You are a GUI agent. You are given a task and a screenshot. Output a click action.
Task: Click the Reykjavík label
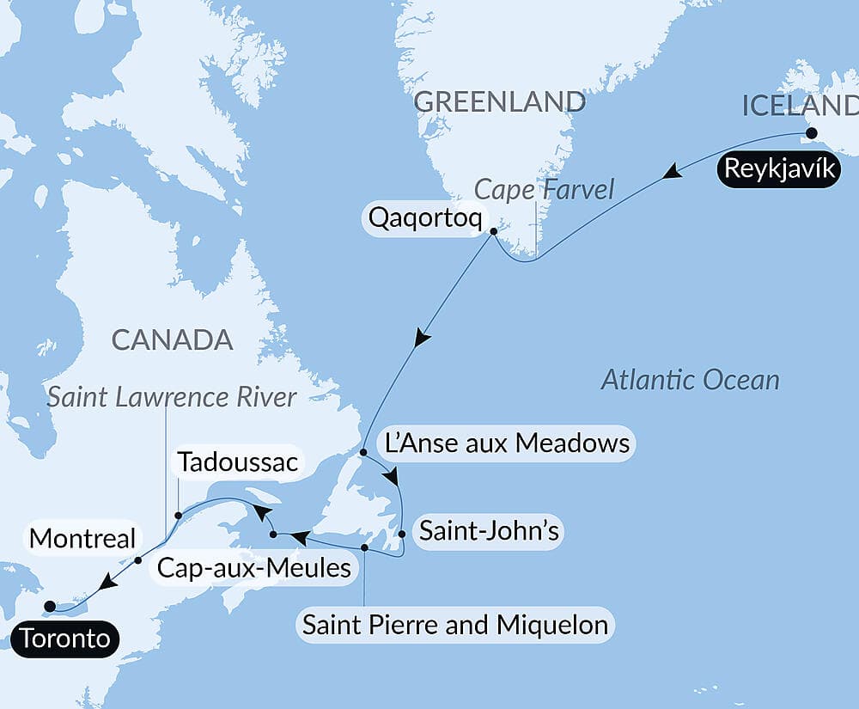click(779, 169)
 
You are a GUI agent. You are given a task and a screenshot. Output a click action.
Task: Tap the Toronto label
click(66, 639)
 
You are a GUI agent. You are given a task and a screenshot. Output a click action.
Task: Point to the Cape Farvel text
click(545, 190)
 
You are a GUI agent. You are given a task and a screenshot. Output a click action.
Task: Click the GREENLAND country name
click(499, 101)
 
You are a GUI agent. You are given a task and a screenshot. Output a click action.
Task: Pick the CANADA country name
click(173, 339)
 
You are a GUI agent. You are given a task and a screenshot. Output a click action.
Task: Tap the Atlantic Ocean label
click(690, 379)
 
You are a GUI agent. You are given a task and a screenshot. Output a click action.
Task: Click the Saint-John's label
click(489, 531)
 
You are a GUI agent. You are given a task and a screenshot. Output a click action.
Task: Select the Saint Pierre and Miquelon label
click(455, 624)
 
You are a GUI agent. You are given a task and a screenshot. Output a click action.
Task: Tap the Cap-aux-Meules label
click(253, 567)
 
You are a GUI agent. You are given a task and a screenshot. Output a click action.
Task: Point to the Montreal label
click(82, 539)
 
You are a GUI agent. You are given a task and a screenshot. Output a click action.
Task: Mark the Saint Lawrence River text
click(172, 397)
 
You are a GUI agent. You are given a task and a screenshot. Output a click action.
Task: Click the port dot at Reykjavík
click(809, 133)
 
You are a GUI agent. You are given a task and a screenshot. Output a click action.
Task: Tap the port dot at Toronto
click(50, 606)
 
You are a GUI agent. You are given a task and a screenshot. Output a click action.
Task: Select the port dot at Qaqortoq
click(493, 231)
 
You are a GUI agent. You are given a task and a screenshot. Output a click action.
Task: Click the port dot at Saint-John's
click(402, 534)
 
